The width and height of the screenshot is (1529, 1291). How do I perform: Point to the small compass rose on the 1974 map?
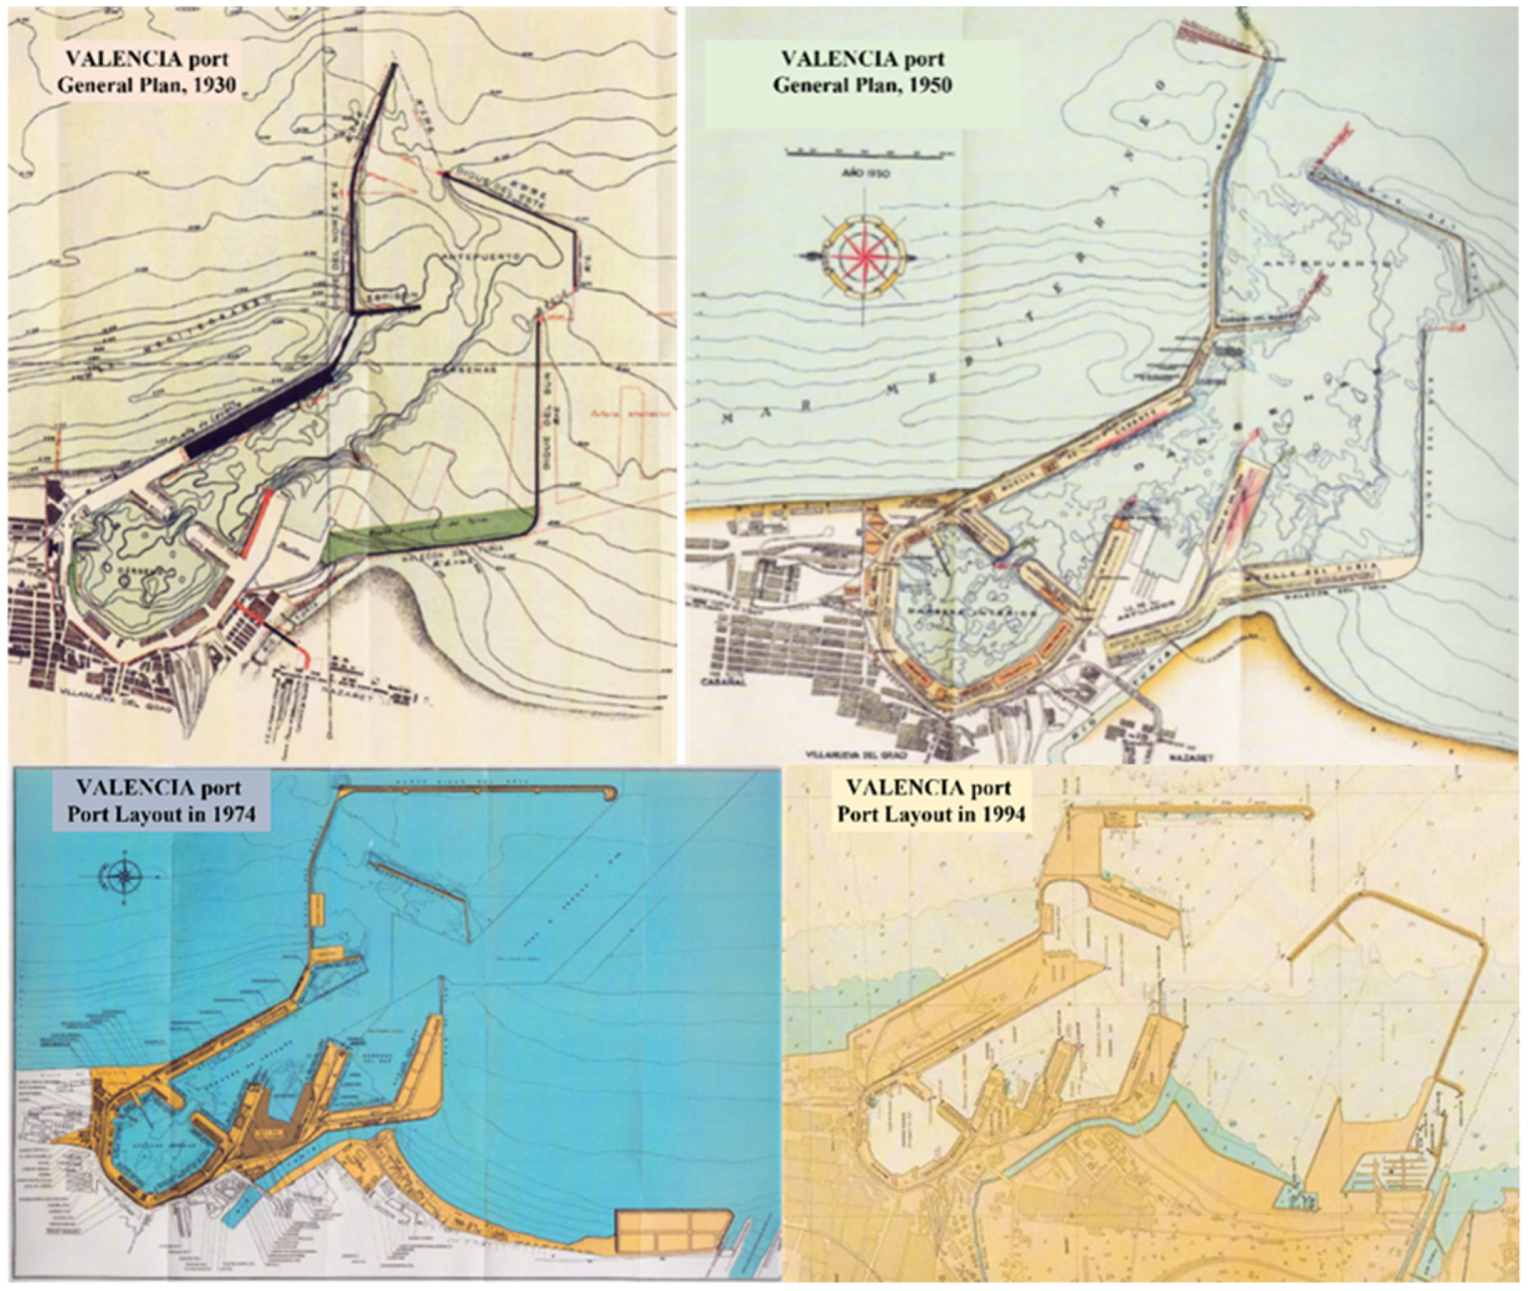[x=125, y=875]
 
